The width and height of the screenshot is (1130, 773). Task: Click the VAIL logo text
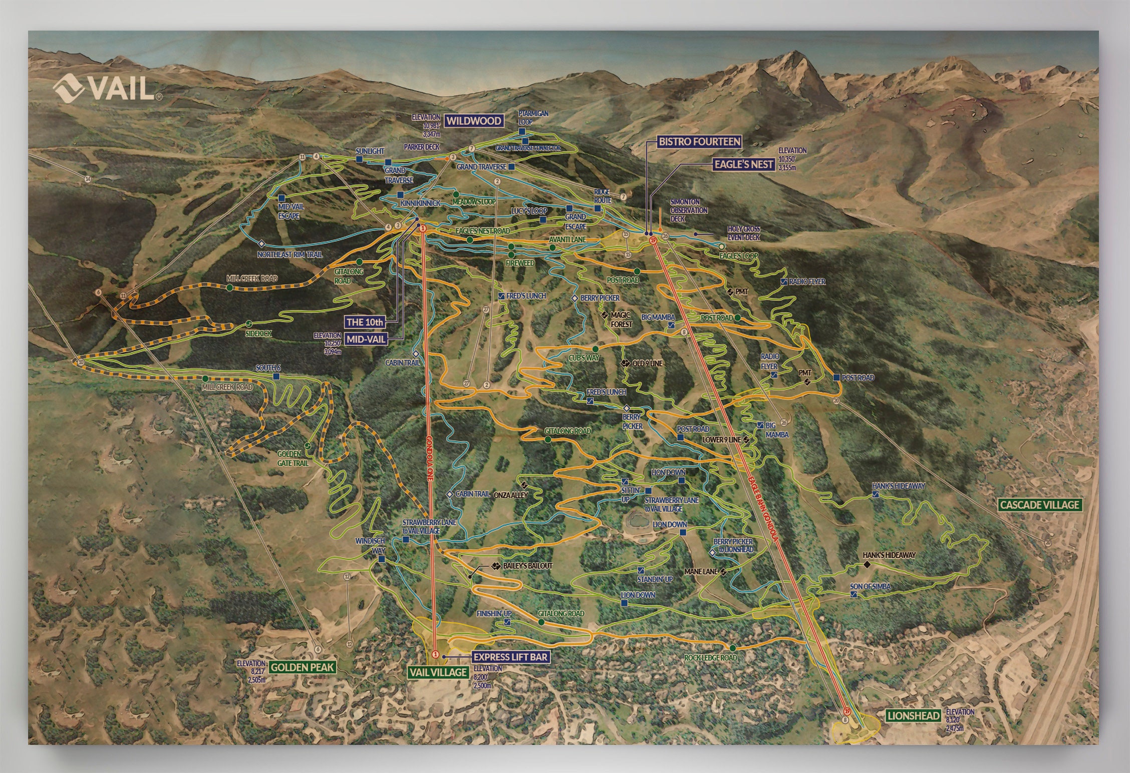pos(123,89)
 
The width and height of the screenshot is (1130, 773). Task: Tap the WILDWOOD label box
pos(473,121)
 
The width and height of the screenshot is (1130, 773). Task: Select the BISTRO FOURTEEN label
pos(699,142)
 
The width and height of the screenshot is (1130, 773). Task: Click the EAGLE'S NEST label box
pos(744,164)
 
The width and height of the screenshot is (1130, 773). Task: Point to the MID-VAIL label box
pos(367,339)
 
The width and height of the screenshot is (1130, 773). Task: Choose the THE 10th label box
pos(365,322)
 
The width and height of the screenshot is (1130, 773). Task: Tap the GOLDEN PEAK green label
pos(302,667)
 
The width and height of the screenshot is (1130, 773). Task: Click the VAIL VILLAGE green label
pos(438,672)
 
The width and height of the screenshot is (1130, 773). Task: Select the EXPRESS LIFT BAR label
pos(510,657)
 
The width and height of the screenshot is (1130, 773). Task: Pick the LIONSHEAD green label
pos(913,716)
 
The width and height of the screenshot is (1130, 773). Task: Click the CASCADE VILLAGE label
pos(1039,504)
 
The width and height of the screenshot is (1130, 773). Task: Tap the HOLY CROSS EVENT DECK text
pos(744,233)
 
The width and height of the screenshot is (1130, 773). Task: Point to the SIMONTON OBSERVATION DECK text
pos(689,210)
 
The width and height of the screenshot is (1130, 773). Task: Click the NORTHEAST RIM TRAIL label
pos(290,254)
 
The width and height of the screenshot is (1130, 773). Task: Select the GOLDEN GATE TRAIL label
pos(293,458)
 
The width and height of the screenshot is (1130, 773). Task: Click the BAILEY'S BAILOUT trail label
pos(527,566)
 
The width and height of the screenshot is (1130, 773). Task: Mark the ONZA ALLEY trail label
pos(510,495)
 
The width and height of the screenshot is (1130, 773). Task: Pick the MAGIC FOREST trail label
pos(621,320)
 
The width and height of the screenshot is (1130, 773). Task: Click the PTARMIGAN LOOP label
pos(533,117)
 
